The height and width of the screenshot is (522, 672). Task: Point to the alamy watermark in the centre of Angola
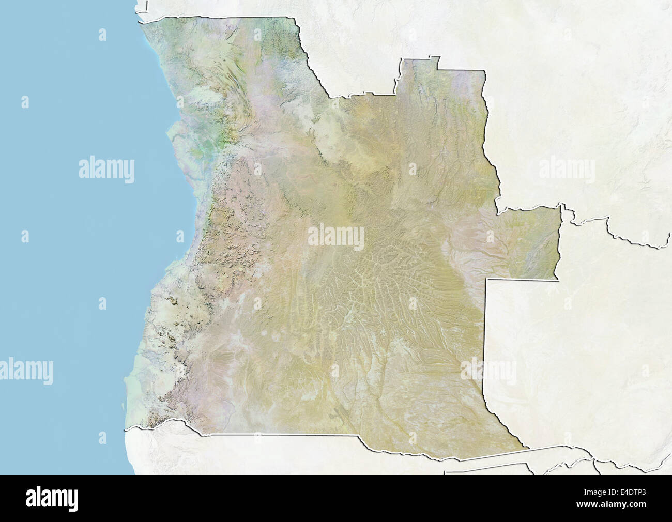tap(336, 235)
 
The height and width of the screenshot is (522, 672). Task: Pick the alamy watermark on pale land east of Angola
tap(567, 168)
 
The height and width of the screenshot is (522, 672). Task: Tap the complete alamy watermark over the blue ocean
tap(106, 168)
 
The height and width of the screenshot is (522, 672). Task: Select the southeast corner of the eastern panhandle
tap(558, 280)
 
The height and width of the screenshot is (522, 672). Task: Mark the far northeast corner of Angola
tap(485, 71)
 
